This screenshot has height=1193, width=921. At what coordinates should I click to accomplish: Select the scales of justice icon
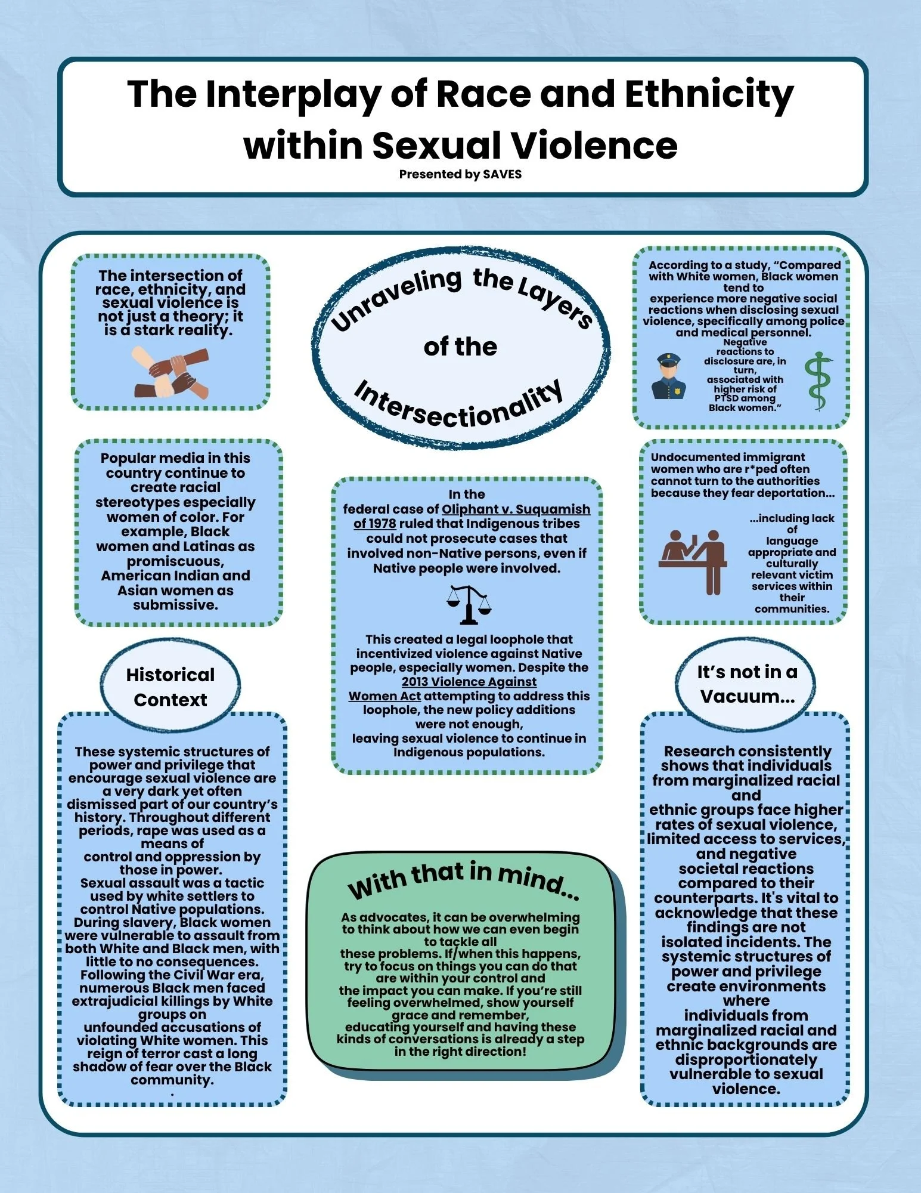click(469, 604)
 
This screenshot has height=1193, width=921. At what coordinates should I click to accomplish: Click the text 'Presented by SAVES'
click(460, 174)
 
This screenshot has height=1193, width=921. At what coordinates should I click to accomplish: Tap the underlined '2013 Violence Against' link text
click(469, 681)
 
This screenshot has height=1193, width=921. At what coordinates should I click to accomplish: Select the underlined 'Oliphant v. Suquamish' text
click(516, 509)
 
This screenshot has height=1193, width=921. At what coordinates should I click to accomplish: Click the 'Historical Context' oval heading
click(170, 687)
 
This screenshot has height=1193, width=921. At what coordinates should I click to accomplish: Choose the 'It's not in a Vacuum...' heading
click(747, 684)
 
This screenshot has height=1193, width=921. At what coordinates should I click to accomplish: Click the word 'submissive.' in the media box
click(175, 605)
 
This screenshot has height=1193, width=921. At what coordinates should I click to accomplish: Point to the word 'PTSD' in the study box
click(727, 398)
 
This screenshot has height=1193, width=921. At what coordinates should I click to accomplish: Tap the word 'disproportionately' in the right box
click(746, 1059)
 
